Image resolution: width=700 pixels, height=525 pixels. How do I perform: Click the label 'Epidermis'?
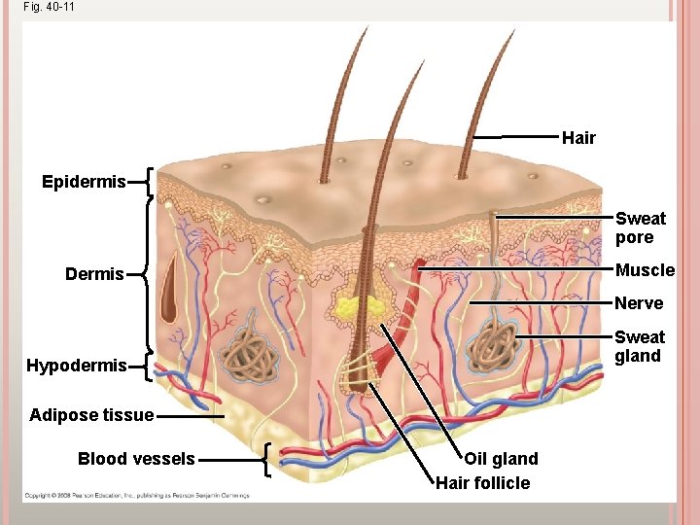[84, 182]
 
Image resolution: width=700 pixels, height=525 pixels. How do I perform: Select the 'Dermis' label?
[94, 274]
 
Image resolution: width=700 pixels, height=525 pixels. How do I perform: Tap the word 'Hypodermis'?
[77, 366]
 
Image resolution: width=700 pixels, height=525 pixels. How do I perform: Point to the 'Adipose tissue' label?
[91, 415]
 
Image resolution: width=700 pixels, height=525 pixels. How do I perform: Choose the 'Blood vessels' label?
[136, 459]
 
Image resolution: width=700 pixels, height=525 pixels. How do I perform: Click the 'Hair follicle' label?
[483, 483]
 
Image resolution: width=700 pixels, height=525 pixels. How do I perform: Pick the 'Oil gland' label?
[501, 459]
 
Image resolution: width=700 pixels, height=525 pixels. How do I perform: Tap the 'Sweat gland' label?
[640, 346]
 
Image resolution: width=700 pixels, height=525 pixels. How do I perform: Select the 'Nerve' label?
[639, 303]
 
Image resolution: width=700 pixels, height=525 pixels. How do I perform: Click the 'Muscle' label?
[645, 269]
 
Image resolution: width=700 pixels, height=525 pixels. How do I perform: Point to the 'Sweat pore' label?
[640, 227]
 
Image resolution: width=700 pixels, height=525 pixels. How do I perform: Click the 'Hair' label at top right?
[578, 138]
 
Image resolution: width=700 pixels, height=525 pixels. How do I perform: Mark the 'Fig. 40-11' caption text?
[48, 7]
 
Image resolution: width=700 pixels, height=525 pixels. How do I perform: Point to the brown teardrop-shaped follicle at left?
[171, 291]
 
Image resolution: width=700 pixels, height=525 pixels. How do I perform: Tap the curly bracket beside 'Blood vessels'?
[269, 459]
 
